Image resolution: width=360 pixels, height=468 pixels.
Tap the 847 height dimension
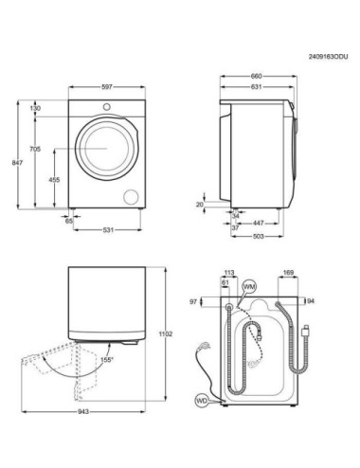[x=13, y=163]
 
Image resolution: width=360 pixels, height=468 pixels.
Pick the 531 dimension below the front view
[x=110, y=229]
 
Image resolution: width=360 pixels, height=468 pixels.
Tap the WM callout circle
[x=249, y=286]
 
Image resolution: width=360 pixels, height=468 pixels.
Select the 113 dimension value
[x=228, y=272]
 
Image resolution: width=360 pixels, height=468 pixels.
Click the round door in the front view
[x=102, y=150]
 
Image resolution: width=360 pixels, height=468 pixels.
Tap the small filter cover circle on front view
[x=131, y=195]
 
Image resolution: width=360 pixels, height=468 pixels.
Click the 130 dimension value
[x=36, y=109]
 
